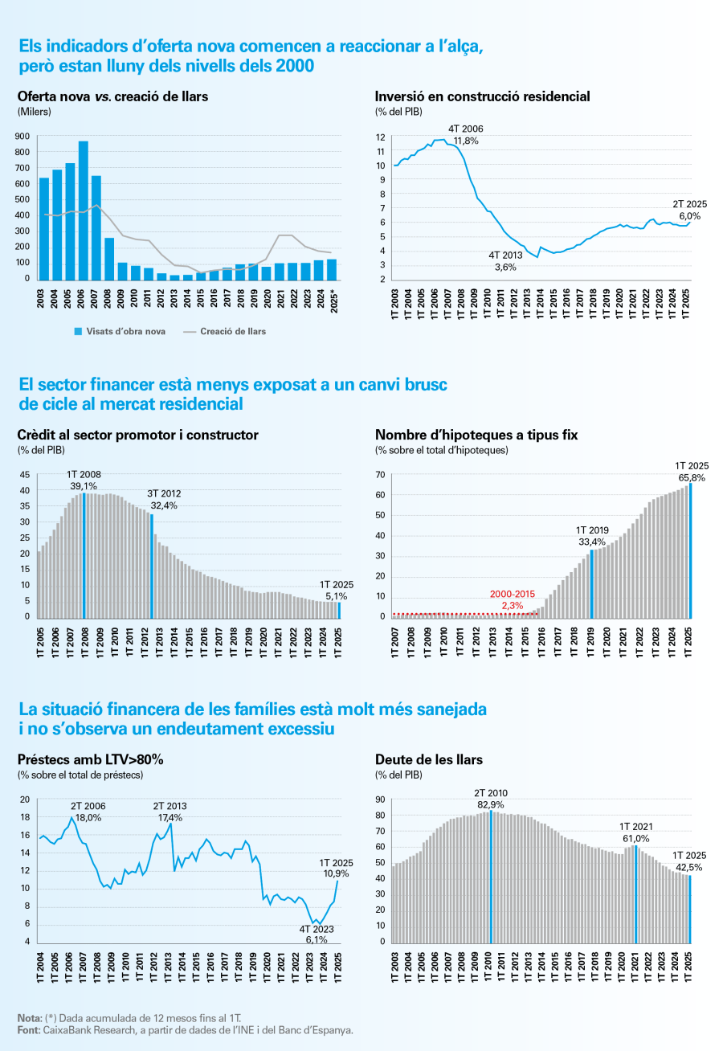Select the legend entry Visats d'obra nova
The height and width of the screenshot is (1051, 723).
[120, 331]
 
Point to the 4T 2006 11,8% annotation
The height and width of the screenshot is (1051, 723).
[466, 134]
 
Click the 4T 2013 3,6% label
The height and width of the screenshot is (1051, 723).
[505, 260]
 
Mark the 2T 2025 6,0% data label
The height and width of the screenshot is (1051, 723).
[690, 211]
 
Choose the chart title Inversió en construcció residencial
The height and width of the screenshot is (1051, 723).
[482, 96]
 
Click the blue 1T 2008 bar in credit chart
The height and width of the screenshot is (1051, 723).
[84, 555]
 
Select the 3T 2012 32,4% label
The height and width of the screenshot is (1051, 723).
[162, 500]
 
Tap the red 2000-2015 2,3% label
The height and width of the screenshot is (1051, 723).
[513, 599]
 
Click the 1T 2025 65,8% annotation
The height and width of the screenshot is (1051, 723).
[692, 472]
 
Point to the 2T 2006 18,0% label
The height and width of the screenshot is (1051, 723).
[88, 811]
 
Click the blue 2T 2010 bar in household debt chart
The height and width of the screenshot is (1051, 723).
[490, 876]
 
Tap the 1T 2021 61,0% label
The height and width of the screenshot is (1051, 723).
[635, 832]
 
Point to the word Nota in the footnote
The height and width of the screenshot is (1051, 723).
[30, 1018]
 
